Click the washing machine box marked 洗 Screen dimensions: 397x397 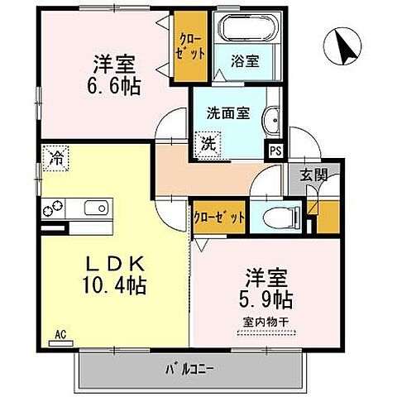click(209, 142)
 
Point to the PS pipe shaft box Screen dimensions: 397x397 click(273, 151)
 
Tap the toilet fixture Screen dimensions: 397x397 click(270, 218)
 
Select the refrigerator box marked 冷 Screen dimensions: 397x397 click(57, 155)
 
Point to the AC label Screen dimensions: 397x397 click(60, 334)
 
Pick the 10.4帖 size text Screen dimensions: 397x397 click(116, 287)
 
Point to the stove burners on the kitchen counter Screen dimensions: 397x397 click(51, 208)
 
